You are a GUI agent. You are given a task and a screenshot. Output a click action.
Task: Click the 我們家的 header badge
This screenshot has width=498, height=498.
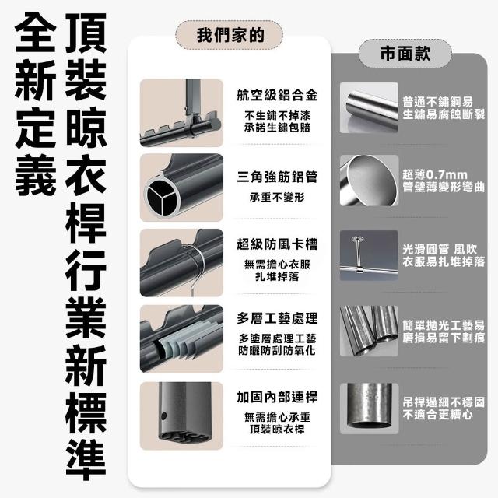click(x=229, y=35)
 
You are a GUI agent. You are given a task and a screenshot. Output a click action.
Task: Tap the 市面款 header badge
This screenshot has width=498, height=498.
click(x=405, y=54)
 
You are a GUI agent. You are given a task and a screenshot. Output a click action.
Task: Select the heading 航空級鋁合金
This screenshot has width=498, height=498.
click(x=277, y=95)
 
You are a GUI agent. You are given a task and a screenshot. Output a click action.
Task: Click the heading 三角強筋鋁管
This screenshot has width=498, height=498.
click(x=277, y=177)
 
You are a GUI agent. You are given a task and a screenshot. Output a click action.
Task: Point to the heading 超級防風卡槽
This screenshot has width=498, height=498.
click(x=277, y=244)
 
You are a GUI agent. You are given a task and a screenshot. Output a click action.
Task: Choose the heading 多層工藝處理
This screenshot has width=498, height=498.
click(x=277, y=318)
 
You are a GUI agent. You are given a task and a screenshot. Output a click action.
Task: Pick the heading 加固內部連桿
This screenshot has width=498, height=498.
click(x=277, y=397)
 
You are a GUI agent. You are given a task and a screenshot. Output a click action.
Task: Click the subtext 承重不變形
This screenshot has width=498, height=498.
click(x=277, y=197)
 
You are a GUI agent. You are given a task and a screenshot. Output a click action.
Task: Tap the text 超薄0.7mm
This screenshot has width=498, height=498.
click(x=435, y=174)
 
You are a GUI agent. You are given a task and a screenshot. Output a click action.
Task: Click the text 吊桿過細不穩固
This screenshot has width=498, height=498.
click(x=444, y=402)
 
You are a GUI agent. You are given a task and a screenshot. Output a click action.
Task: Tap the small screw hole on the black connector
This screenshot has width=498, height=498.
click(x=164, y=416)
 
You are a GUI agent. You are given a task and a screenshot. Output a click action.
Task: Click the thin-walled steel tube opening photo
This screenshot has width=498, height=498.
click(x=369, y=181)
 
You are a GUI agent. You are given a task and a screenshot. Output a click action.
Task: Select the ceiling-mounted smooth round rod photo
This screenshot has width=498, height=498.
click(x=369, y=256)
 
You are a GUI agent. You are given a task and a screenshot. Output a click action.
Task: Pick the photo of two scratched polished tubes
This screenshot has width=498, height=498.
click(x=369, y=331)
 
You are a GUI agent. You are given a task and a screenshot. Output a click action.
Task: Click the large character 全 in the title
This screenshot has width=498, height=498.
click(x=36, y=32)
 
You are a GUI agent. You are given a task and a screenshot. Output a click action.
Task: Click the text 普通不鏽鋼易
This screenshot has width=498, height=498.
click(x=438, y=102)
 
